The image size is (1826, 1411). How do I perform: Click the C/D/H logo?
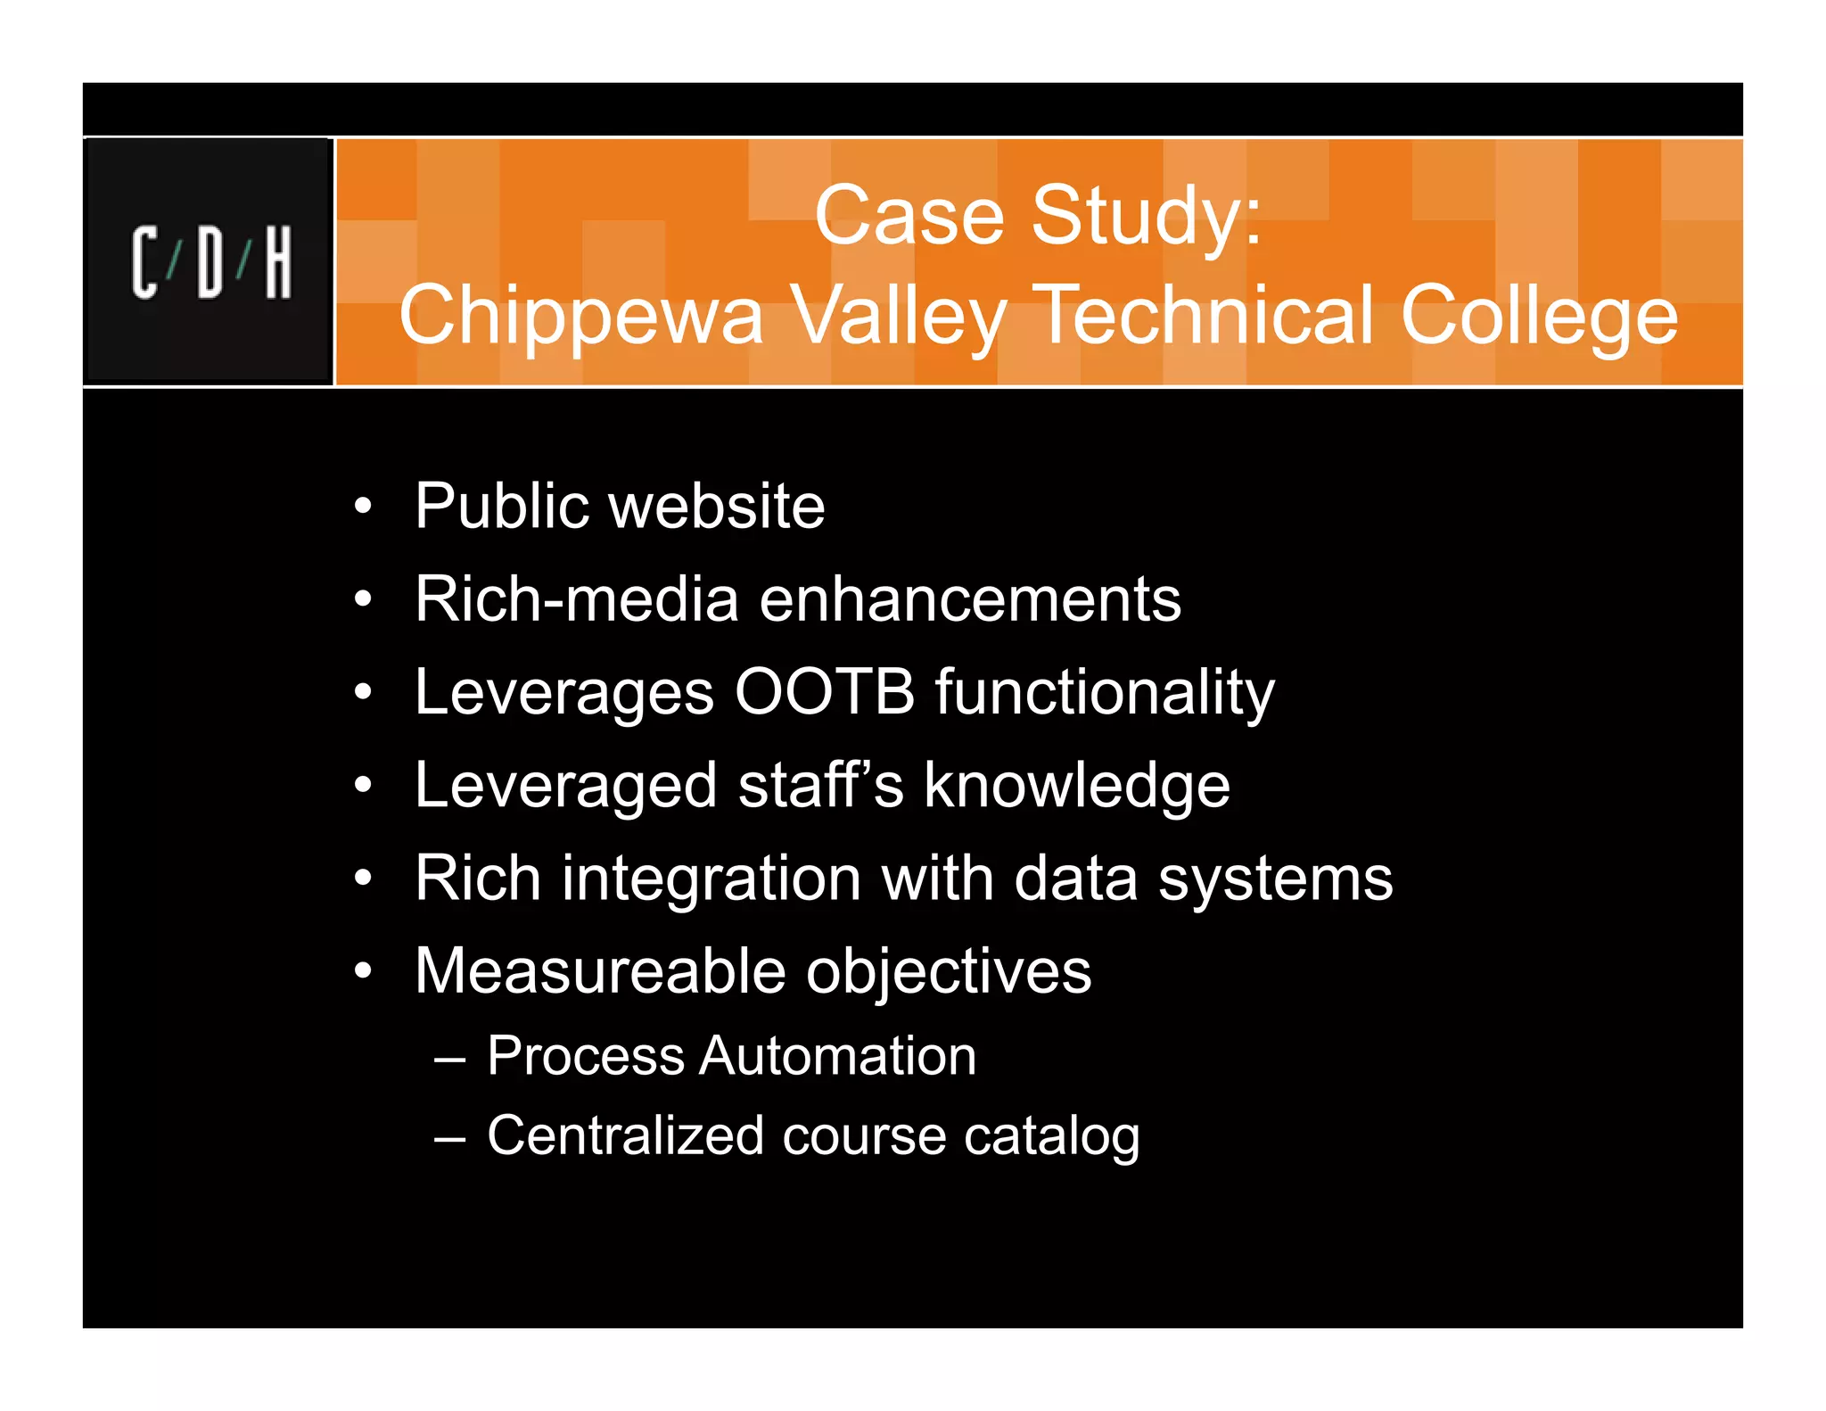(211, 262)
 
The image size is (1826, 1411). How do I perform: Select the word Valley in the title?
(899, 317)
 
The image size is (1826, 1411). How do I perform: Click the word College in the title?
(1539, 317)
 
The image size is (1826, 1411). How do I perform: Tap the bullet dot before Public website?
(362, 507)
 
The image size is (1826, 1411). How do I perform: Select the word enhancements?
(970, 599)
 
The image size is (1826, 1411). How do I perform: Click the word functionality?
(1105, 693)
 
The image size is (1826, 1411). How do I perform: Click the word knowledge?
(1077, 787)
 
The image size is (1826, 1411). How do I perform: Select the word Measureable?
(600, 971)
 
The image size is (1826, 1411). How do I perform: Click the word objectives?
(949, 973)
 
